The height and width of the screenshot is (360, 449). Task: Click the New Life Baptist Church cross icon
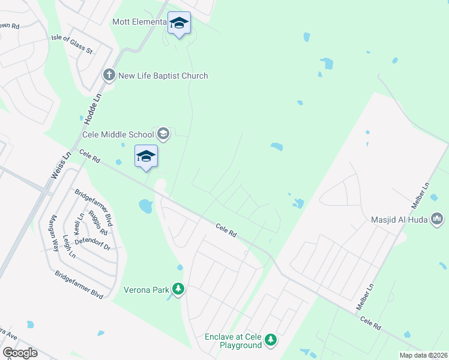pos(109,75)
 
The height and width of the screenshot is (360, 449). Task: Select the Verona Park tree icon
pos(178,290)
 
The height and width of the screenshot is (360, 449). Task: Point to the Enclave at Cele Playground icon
pos(271,340)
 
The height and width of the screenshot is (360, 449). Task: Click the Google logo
pos(20,353)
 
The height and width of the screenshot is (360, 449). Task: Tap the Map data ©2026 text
pos(423,355)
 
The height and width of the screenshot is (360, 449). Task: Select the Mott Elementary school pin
pos(179,24)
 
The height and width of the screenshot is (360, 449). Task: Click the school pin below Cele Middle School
pos(146,157)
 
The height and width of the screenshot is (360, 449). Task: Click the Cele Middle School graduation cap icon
pos(163,134)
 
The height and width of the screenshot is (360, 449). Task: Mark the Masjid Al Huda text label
pos(399,220)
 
